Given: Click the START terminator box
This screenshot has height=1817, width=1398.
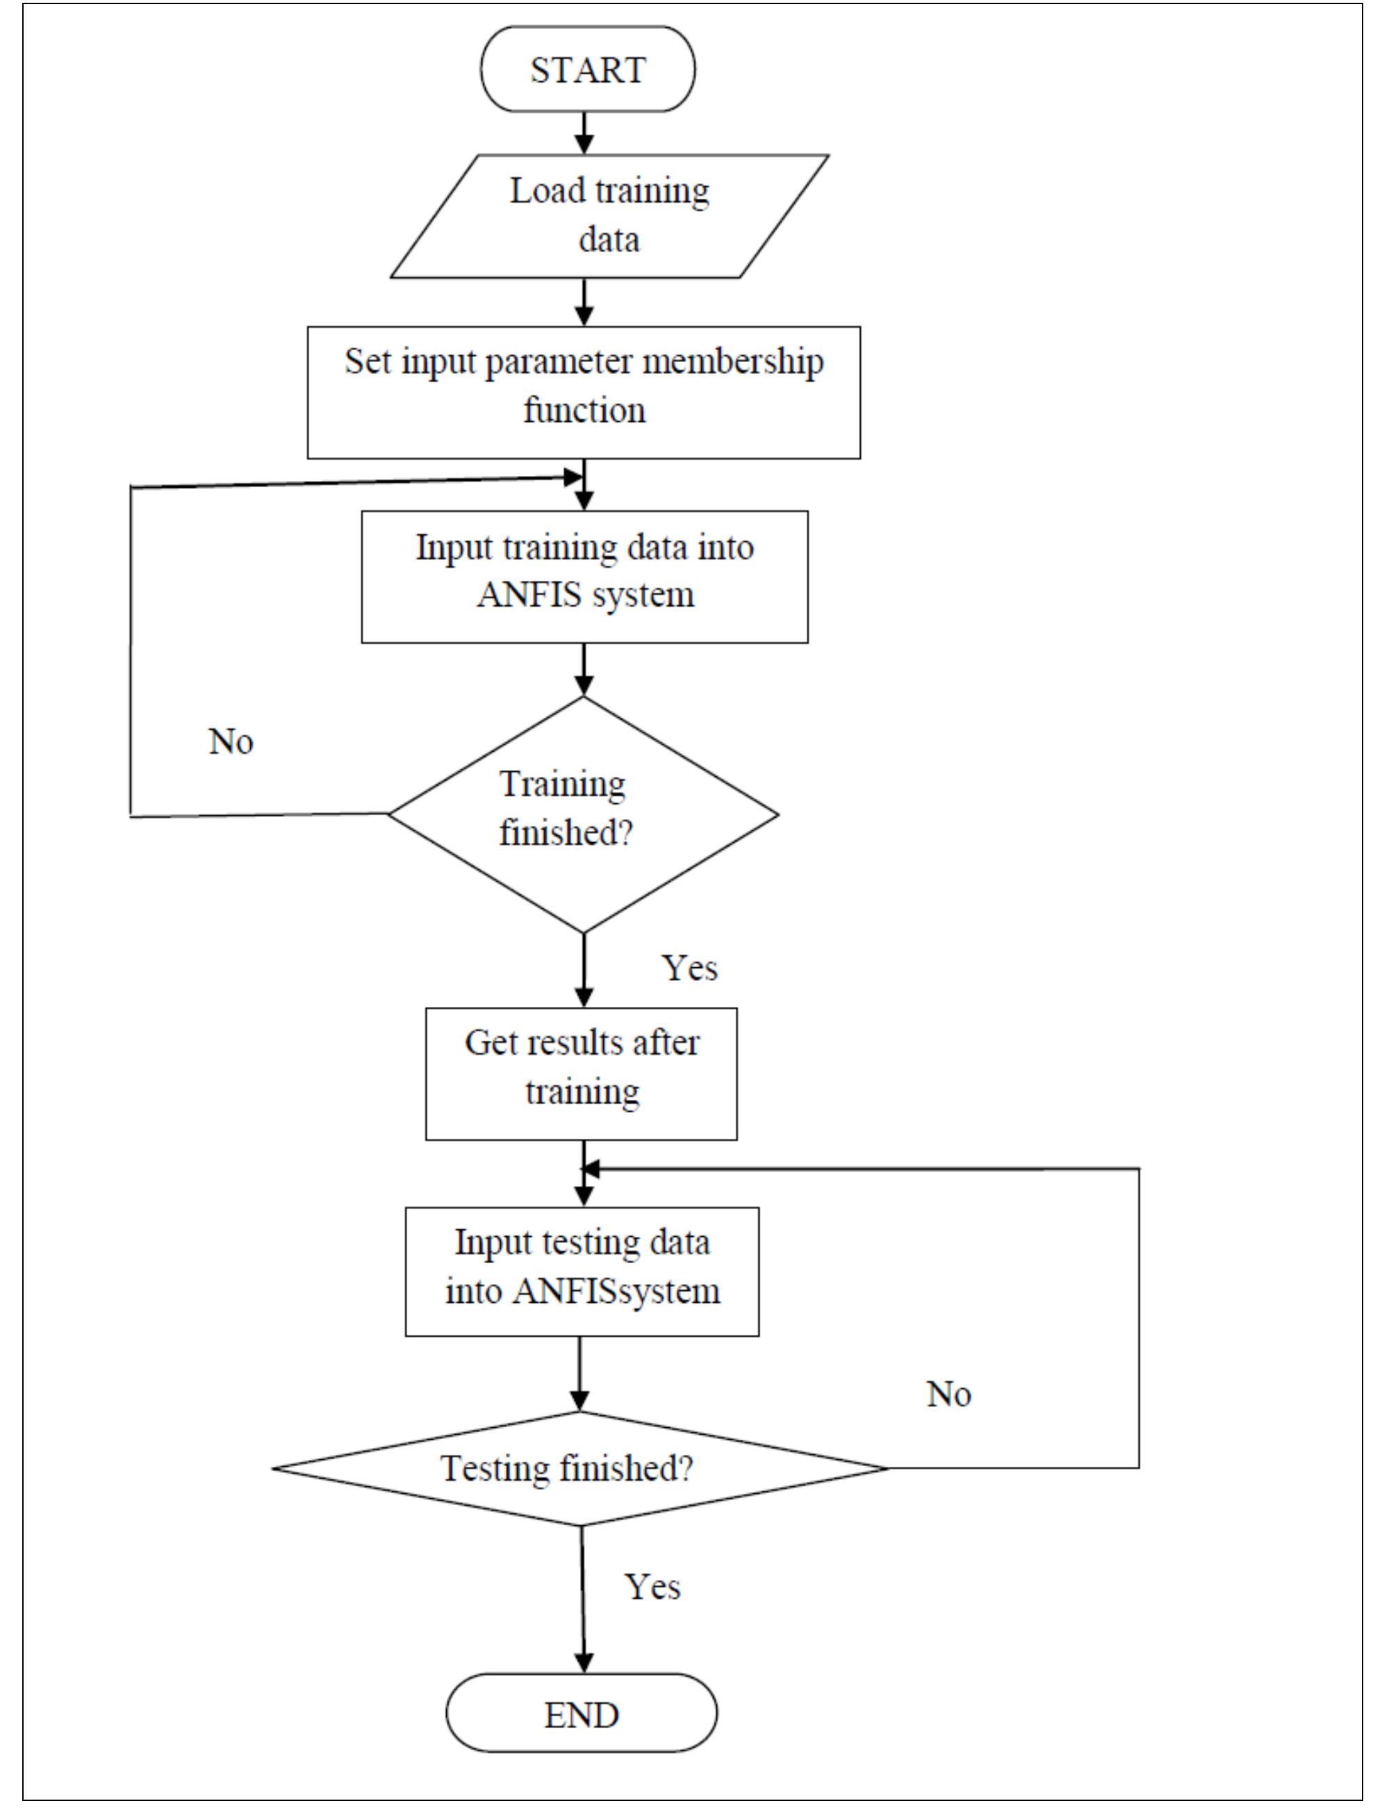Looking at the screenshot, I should pyautogui.click(x=588, y=69).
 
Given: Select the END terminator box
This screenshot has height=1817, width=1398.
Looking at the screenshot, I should pyautogui.click(x=581, y=1715).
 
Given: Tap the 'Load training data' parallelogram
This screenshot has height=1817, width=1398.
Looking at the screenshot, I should pyautogui.click(x=609, y=215).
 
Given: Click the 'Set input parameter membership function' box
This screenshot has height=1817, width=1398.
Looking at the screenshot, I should pyautogui.click(x=584, y=392).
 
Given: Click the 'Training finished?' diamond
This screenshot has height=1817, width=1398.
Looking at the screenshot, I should pyautogui.click(x=582, y=813).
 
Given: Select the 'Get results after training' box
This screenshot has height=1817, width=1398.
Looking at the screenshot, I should pyautogui.click(x=581, y=1074).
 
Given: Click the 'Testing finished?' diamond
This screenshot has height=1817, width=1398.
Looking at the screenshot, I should pyautogui.click(x=580, y=1468).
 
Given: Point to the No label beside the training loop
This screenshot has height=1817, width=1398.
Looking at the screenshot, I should pyautogui.click(x=231, y=741).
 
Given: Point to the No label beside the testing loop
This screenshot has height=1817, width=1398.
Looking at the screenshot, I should pyautogui.click(x=948, y=1394).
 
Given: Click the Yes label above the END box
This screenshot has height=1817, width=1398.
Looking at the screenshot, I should pyautogui.click(x=652, y=1586).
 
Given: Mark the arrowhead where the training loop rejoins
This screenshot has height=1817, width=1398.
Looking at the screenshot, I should pyautogui.click(x=573, y=477).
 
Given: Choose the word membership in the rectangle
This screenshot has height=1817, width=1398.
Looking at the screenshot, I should pyautogui.click(x=733, y=362).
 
